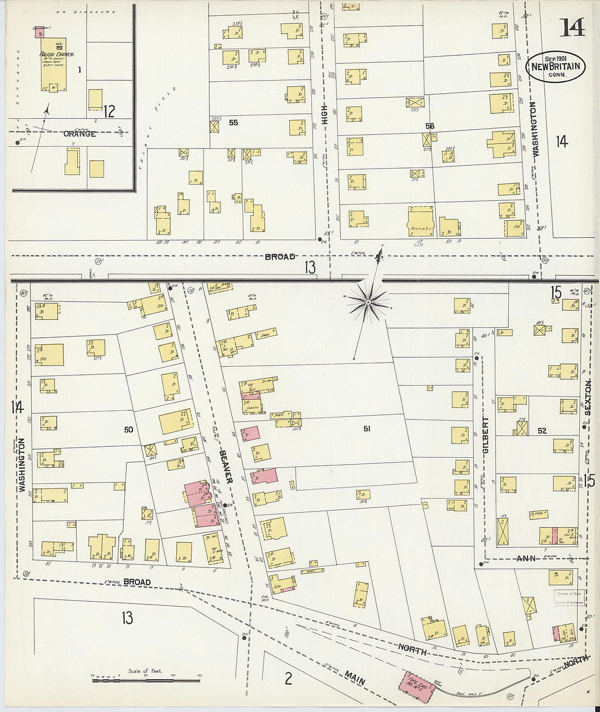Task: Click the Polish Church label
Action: (x=56, y=55)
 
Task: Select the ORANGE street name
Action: (x=80, y=134)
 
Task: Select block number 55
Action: (x=233, y=123)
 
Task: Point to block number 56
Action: (x=430, y=126)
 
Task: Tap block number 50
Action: (x=128, y=430)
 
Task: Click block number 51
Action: (x=367, y=429)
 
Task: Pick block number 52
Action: (x=542, y=431)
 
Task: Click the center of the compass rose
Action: (x=368, y=301)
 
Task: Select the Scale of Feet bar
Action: (x=146, y=680)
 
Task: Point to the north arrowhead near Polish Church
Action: (x=48, y=109)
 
